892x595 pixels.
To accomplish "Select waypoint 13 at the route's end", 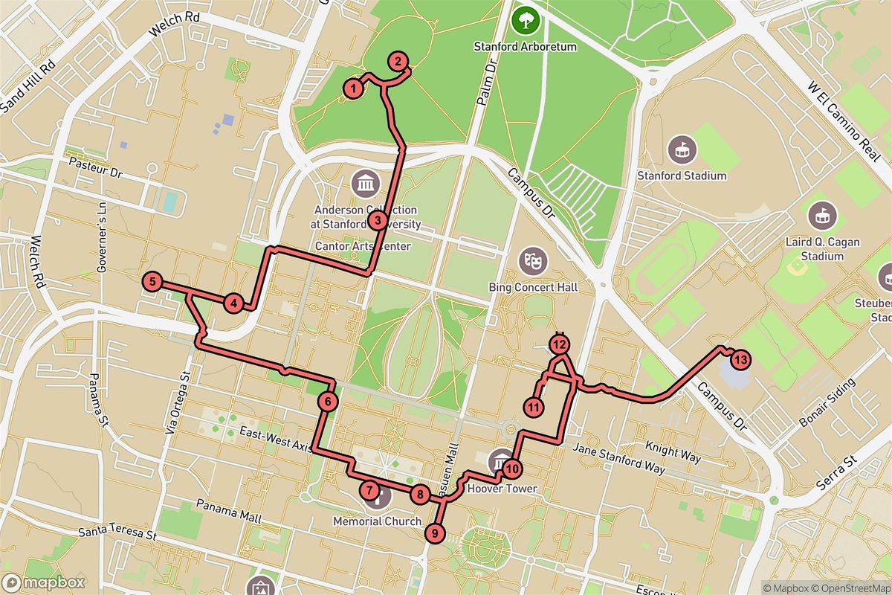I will coord(739,360).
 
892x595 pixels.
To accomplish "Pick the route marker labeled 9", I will coord(435,533).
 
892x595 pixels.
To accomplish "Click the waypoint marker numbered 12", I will coord(559,344).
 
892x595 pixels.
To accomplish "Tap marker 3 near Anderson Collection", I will coord(378,220).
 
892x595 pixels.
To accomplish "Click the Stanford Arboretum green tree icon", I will coord(526,20).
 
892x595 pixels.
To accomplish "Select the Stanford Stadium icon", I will coord(682,149).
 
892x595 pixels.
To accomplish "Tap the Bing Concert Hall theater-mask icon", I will coord(533,260).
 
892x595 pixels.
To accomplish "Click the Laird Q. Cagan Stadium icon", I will coord(822,215).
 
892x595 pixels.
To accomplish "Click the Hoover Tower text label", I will coord(502,489).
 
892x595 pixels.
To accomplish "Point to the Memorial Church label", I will coord(378,521).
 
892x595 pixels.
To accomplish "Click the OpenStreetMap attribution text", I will coord(847,587).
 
